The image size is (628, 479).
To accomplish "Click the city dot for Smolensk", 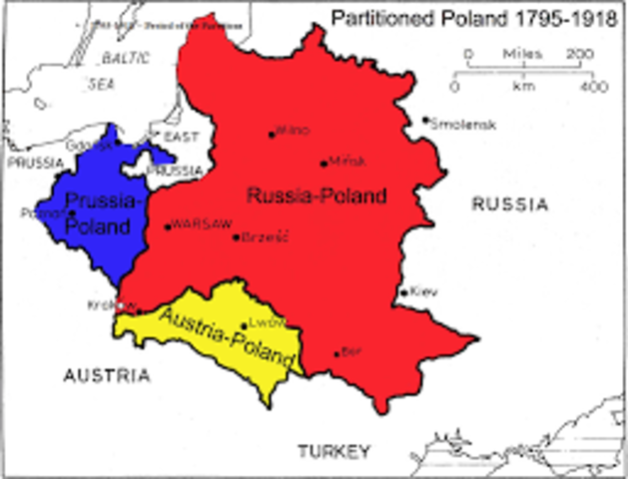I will click(426, 120).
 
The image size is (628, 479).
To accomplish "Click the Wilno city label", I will click(293, 131).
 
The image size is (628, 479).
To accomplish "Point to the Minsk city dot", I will click(323, 164).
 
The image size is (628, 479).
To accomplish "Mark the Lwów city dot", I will click(245, 325).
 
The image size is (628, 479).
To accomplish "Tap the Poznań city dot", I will click(72, 213).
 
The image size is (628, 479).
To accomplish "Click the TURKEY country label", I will click(332, 451).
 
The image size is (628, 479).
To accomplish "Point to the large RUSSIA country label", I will click(510, 205).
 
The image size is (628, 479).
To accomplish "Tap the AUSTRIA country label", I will click(107, 376).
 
